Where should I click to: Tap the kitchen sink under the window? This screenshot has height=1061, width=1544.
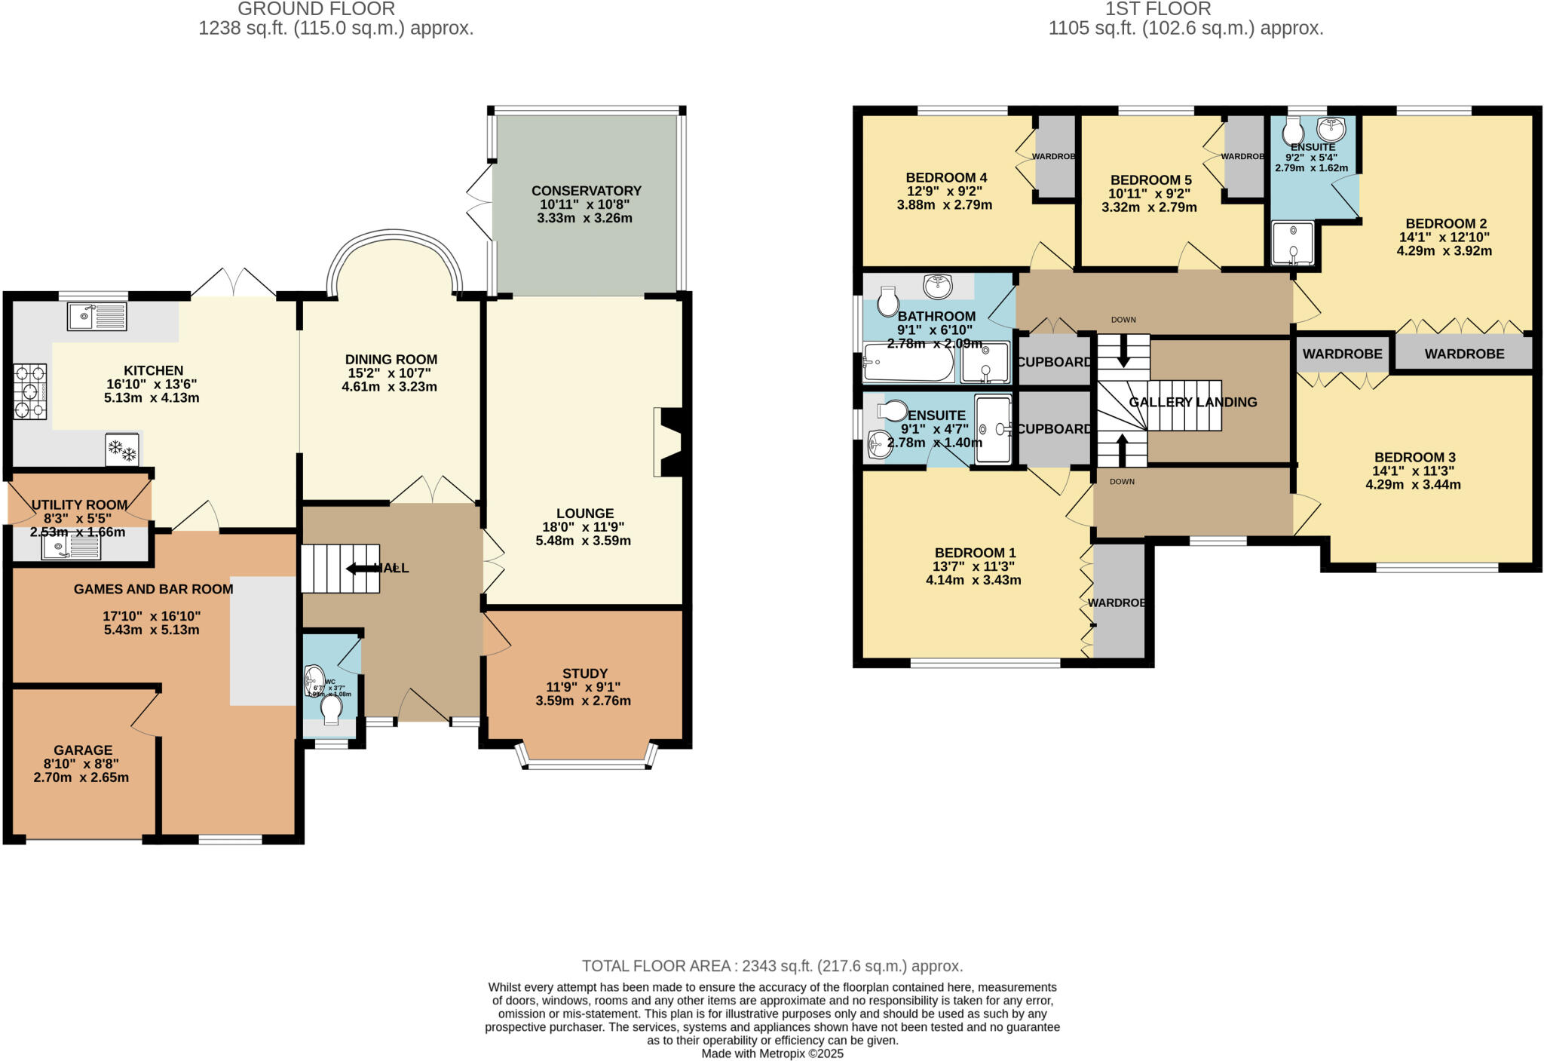pyautogui.click(x=97, y=316)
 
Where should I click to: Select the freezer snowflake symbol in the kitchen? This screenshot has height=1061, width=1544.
pyautogui.click(x=122, y=451)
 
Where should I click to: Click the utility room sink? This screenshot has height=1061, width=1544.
pyautogui.click(x=71, y=547)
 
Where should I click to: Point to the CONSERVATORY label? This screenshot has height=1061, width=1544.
pyautogui.click(x=586, y=191)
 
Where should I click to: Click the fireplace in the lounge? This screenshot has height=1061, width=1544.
pyautogui.click(x=667, y=442)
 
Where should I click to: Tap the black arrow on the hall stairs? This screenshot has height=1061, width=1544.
pyautogui.click(x=363, y=569)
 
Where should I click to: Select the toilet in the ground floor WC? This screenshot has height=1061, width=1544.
pyautogui.click(x=331, y=709)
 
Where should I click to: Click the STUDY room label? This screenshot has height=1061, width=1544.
pyautogui.click(x=584, y=673)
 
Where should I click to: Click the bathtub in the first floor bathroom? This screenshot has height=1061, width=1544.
pyautogui.click(x=908, y=364)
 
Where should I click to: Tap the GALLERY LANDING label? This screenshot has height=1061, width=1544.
pyautogui.click(x=1193, y=402)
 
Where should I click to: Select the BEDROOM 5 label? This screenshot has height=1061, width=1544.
pyautogui.click(x=1150, y=180)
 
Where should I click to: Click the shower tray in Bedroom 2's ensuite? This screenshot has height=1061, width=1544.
pyautogui.click(x=1293, y=243)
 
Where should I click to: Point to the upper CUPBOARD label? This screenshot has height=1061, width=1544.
pyautogui.click(x=1054, y=362)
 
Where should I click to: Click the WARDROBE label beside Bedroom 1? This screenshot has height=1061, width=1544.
pyautogui.click(x=1117, y=603)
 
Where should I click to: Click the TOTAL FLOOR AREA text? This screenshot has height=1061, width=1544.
pyautogui.click(x=772, y=966)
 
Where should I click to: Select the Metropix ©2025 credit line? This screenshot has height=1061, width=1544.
pyautogui.click(x=772, y=1053)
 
